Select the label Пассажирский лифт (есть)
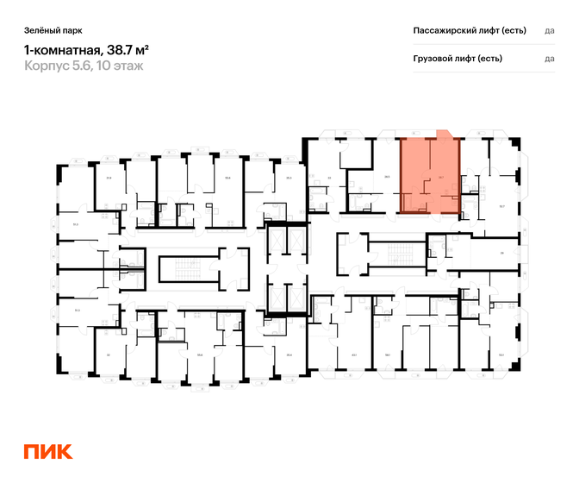click(470, 30)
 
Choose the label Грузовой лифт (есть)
click(458, 59)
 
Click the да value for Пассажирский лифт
click(550, 30)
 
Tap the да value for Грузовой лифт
click(550, 59)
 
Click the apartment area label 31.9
click(109, 177)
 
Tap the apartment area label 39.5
click(389, 177)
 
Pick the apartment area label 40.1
click(353, 354)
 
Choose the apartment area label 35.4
click(76, 224)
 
